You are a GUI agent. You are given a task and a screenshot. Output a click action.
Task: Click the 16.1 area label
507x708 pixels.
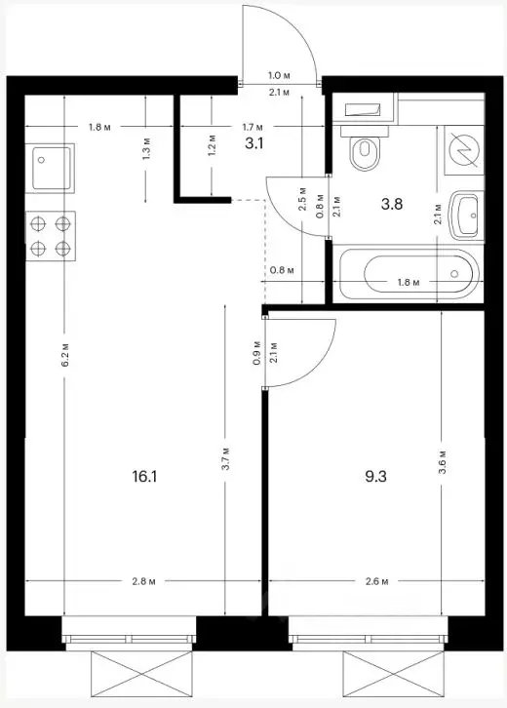[x=145, y=478]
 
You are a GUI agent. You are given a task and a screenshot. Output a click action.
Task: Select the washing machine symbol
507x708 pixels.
[x=461, y=150]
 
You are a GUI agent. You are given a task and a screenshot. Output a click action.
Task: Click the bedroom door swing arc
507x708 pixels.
[x=302, y=351]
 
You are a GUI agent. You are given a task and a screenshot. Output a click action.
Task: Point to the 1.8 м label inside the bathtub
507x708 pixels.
[x=409, y=283]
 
